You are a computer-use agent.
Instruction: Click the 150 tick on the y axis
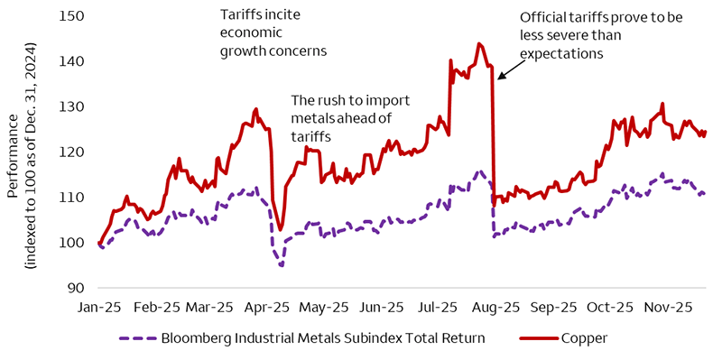[x=71, y=16]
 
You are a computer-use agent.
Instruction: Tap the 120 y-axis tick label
[x=71, y=152]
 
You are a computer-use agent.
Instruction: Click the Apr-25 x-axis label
[x=269, y=307]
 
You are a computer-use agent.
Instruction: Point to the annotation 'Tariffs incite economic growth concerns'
[x=273, y=32]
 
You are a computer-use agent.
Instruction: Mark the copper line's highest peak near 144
[x=478, y=43]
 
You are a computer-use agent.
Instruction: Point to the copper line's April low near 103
[x=281, y=229]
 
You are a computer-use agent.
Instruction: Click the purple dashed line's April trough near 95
[x=281, y=265]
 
